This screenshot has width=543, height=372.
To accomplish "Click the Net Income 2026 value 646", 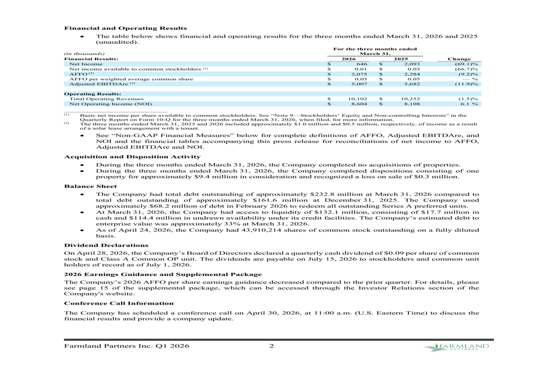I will (362, 64).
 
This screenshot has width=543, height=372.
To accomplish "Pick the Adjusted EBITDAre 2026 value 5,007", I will (360, 84).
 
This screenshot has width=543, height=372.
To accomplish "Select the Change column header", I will (459, 59).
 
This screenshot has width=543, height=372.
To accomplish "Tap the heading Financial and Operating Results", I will (125, 28).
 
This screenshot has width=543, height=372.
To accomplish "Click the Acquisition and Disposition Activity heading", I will (132, 156).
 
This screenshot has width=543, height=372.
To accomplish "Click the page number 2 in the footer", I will (271, 347).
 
